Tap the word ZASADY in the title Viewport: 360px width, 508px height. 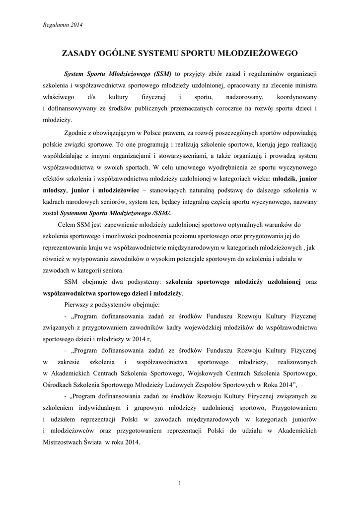coord(78,53)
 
